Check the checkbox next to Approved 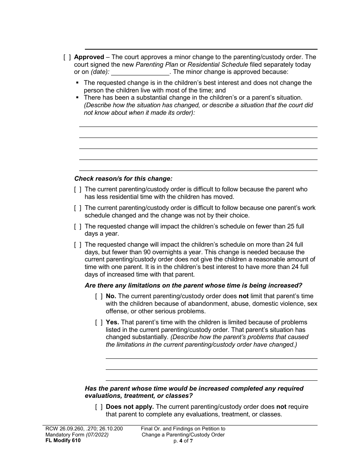click(67, 57)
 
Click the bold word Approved click(89, 57)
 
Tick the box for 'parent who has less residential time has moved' click(78, 189)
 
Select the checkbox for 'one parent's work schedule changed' click(78, 208)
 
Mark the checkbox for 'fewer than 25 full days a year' click(78, 227)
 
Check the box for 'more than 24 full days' click(78, 245)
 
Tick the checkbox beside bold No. click(99, 296)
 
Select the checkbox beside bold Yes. click(99, 322)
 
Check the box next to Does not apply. click(99, 407)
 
